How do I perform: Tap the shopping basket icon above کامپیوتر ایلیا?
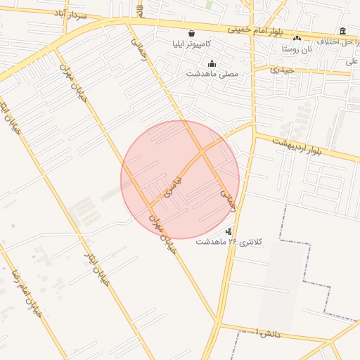(191, 33)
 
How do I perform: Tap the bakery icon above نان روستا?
(297, 39)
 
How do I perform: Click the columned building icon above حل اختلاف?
(342, 31)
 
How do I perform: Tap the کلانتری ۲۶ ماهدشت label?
(229, 242)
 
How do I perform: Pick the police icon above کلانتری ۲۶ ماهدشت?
(229, 231)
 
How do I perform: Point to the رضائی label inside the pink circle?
(229, 199)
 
